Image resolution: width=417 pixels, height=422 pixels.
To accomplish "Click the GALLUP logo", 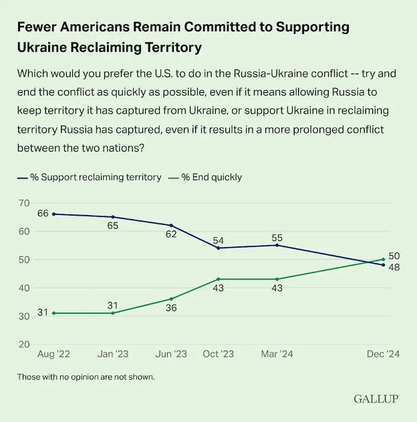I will coord(376,399).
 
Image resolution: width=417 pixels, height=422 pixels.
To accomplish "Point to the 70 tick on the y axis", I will coord(24,203).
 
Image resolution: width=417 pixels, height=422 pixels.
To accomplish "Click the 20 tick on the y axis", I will coord(24,345).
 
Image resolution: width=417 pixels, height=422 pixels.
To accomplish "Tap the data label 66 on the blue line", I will coord(43,214).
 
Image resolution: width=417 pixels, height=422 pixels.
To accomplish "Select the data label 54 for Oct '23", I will coord(219,238).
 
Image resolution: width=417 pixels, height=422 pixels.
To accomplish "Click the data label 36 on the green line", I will coord(172,308).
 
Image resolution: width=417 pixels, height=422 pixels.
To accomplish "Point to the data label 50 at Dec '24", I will coord(394,256).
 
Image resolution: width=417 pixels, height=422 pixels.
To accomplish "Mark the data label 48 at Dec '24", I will coord(394,267).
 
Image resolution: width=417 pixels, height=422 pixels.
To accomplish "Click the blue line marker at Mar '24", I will coord(277,245).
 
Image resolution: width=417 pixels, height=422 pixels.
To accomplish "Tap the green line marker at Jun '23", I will coord(172,298).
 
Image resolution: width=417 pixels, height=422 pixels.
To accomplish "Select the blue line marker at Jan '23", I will coord(113,217).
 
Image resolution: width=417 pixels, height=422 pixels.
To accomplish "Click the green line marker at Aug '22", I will coord(54,313).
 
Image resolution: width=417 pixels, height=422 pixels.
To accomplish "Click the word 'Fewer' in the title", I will coord(40,27).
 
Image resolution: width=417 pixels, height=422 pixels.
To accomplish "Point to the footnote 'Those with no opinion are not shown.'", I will coord(86,377).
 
